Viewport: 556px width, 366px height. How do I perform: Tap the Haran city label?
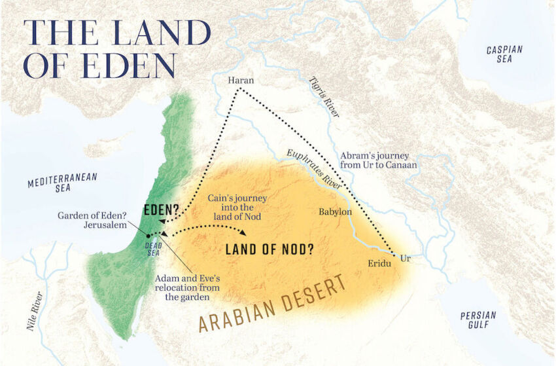[x=240, y=81]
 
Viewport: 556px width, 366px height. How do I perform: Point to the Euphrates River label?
[x=314, y=168]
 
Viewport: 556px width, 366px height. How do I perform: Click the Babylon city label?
[x=335, y=211]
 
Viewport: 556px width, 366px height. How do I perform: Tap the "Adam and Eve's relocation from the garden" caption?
[x=187, y=287]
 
